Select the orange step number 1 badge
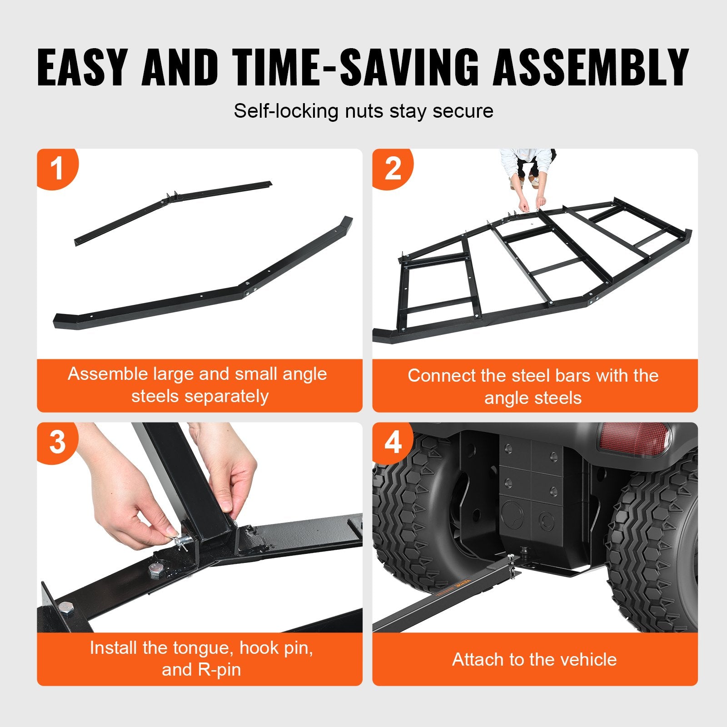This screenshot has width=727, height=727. (x=57, y=168)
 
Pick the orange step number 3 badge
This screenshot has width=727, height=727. (x=57, y=442)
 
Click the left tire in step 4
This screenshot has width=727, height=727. (x=409, y=513)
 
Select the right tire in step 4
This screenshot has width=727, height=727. (x=654, y=545)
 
